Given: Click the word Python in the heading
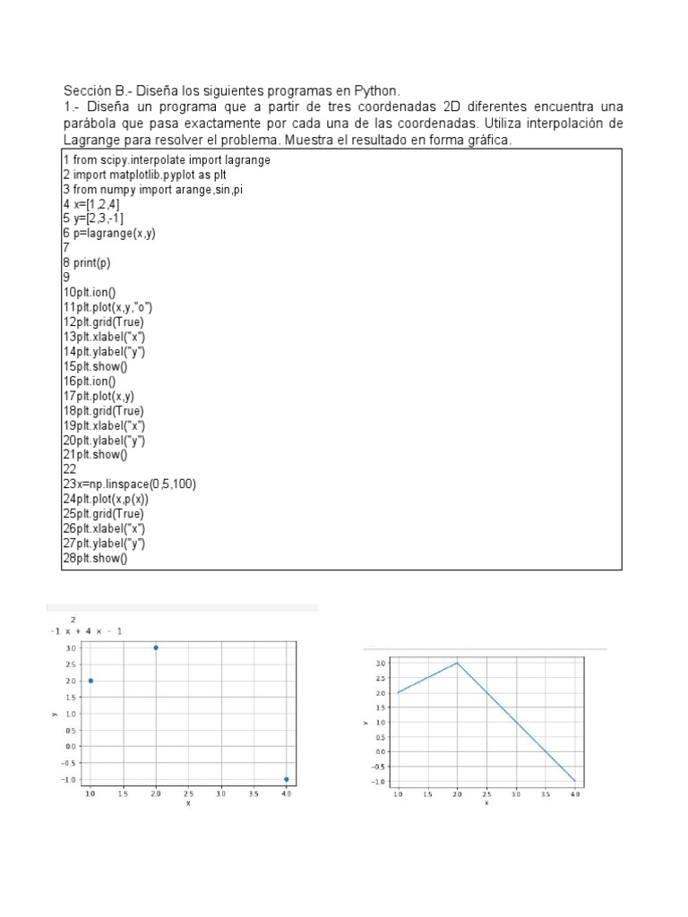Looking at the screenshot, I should (375, 91).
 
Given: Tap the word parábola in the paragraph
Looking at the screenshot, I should (93, 124).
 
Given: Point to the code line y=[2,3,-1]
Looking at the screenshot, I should (93, 219).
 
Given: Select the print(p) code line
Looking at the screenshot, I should (87, 263).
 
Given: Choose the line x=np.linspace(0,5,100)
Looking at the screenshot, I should (129, 484).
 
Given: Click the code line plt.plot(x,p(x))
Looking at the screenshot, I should (106, 499).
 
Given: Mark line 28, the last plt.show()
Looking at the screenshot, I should (95, 558).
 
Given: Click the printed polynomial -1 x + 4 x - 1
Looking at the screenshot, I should (87, 631).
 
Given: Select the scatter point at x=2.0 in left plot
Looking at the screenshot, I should (157, 647).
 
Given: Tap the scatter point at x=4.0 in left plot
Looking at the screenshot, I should (286, 779).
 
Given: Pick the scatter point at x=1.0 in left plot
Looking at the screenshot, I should (90, 681).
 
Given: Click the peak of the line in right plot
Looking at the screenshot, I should (457, 664).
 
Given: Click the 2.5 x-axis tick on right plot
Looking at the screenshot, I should (486, 793).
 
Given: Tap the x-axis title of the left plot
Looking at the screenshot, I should (188, 803).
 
